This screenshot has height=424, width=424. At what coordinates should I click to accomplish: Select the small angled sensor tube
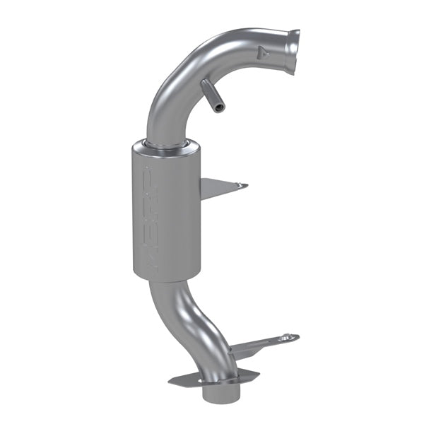pyautogui.click(x=211, y=95)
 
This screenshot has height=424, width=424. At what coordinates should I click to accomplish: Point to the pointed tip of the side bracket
pyautogui.click(x=246, y=185)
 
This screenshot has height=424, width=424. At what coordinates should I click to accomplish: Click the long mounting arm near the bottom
pyautogui.click(x=261, y=344)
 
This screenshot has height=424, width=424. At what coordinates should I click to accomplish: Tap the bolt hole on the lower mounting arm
pyautogui.click(x=286, y=338)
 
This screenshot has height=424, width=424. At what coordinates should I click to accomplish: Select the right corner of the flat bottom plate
pyautogui.click(x=257, y=375)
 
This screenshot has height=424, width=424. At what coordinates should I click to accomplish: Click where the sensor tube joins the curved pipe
pyautogui.click(x=205, y=86)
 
